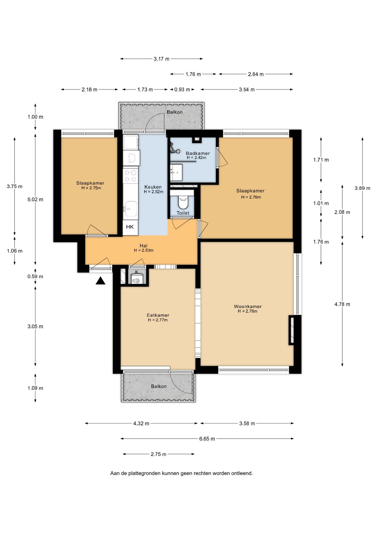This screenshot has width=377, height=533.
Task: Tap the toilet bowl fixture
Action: (x=183, y=202)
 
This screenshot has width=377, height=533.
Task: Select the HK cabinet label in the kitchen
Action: (x=130, y=227)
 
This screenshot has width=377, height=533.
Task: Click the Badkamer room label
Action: (x=198, y=153)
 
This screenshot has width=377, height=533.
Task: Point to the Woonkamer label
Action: (x=248, y=306)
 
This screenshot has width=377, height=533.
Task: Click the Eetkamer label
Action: (x=158, y=315)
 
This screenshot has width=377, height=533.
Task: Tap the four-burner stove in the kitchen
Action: (x=130, y=176)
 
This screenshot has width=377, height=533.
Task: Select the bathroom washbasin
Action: (x=176, y=172)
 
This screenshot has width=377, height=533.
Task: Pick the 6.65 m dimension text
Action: (x=207, y=439)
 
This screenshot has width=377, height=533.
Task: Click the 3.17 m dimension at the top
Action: (x=161, y=59)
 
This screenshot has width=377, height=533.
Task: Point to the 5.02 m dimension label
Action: (x=35, y=199)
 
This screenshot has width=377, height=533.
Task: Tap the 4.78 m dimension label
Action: (x=342, y=304)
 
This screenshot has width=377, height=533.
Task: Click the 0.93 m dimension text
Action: (x=182, y=89)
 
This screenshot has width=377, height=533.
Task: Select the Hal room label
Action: (x=144, y=246)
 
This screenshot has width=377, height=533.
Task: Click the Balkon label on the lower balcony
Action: (x=159, y=386)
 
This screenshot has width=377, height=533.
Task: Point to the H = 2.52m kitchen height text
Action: (x=154, y=192)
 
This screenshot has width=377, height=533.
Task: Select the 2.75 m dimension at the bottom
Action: (x=159, y=454)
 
